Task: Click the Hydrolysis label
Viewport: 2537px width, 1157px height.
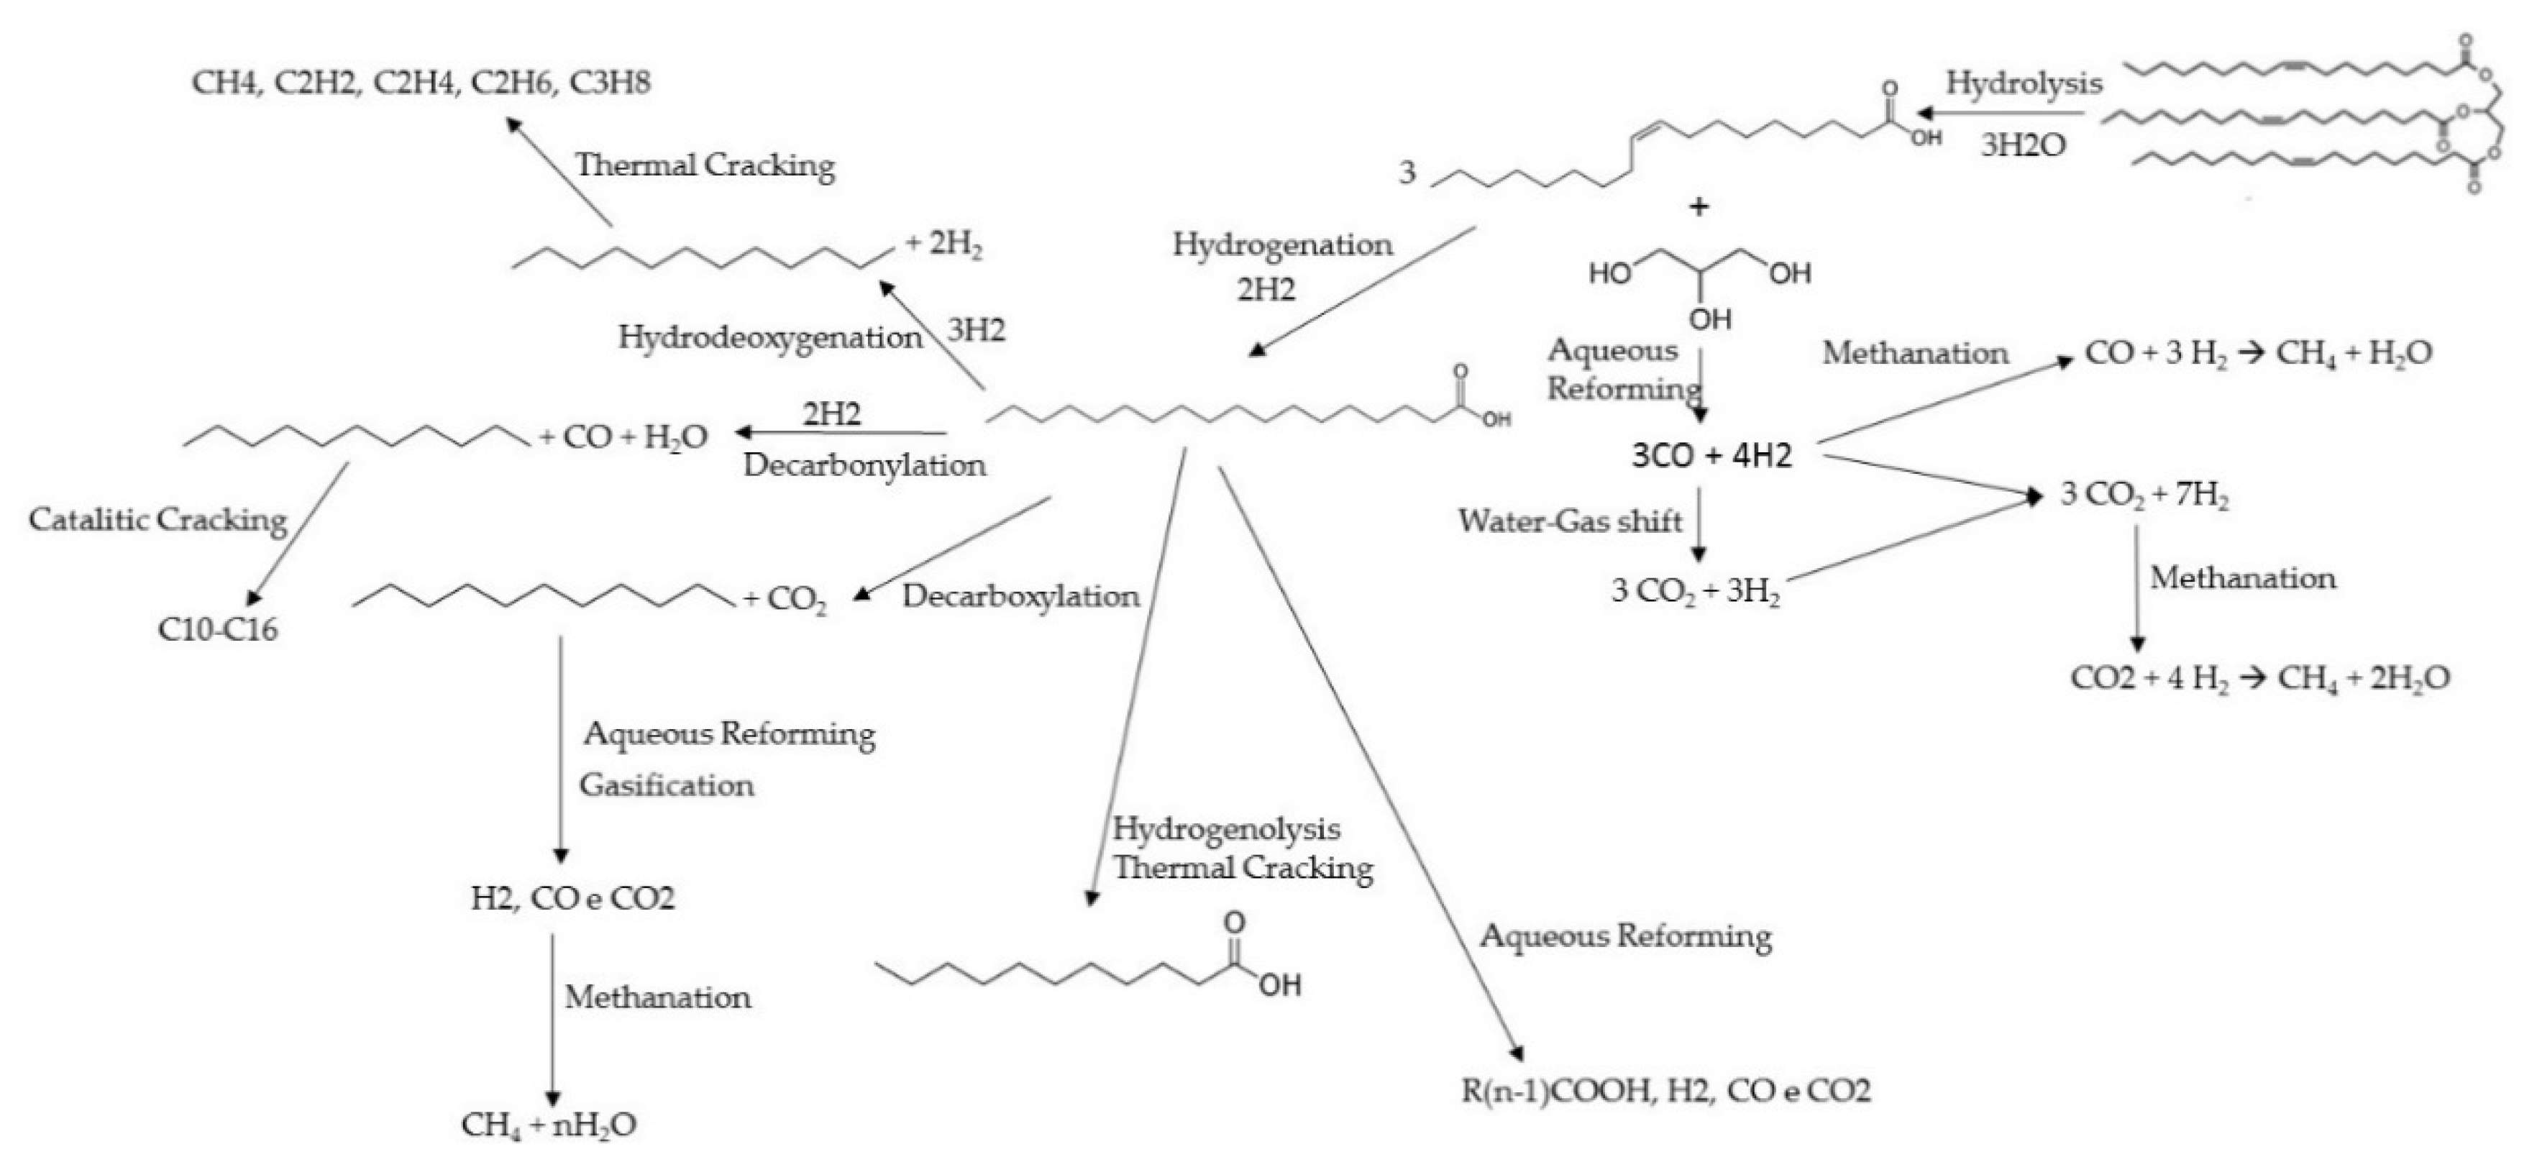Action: (2023, 83)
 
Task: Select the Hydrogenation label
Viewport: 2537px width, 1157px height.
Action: (1282, 244)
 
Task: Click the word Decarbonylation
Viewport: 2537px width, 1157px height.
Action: (864, 465)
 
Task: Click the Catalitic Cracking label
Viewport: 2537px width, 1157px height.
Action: (157, 519)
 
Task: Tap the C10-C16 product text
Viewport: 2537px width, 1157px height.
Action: (218, 628)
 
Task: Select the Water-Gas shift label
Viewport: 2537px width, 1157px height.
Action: (1570, 520)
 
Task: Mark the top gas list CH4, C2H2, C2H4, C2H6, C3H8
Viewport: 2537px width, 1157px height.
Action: (421, 82)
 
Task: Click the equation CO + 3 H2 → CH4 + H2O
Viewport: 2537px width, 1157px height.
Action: (2258, 352)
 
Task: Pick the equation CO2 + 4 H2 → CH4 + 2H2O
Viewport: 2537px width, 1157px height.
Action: (2260, 677)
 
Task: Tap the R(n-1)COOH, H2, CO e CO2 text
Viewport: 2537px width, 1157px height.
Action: (1665, 1090)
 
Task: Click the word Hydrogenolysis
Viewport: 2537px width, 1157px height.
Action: (1226, 829)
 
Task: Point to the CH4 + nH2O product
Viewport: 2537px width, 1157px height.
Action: (549, 1125)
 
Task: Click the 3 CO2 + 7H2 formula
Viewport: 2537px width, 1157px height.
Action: (2145, 494)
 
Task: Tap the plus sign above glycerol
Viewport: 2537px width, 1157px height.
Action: (1699, 207)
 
